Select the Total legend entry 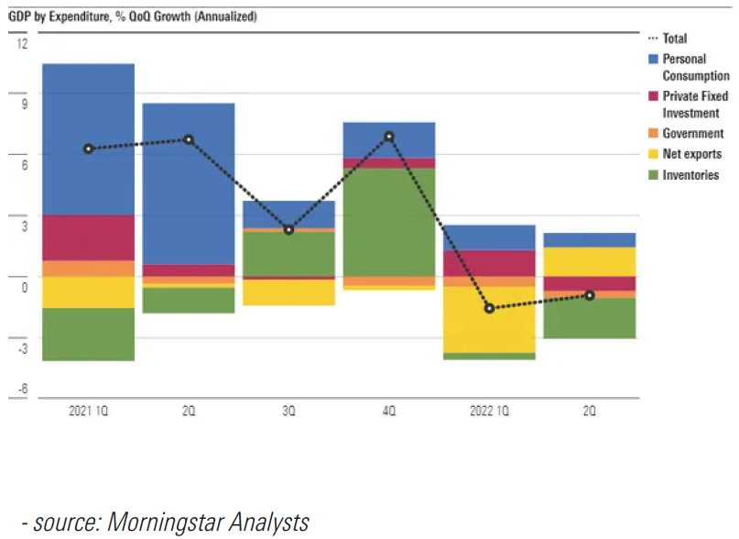click(674, 38)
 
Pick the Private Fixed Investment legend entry click(693, 104)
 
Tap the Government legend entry click(692, 134)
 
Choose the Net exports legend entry click(691, 154)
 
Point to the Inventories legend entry click(690, 175)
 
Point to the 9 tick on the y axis click(25, 104)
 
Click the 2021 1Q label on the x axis click(88, 412)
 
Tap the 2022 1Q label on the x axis click(489, 412)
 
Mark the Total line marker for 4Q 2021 click(389, 137)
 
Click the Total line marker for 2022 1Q click(490, 309)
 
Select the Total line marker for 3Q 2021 click(289, 230)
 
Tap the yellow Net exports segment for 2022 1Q click(489, 319)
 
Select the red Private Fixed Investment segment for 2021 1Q click(88, 237)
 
